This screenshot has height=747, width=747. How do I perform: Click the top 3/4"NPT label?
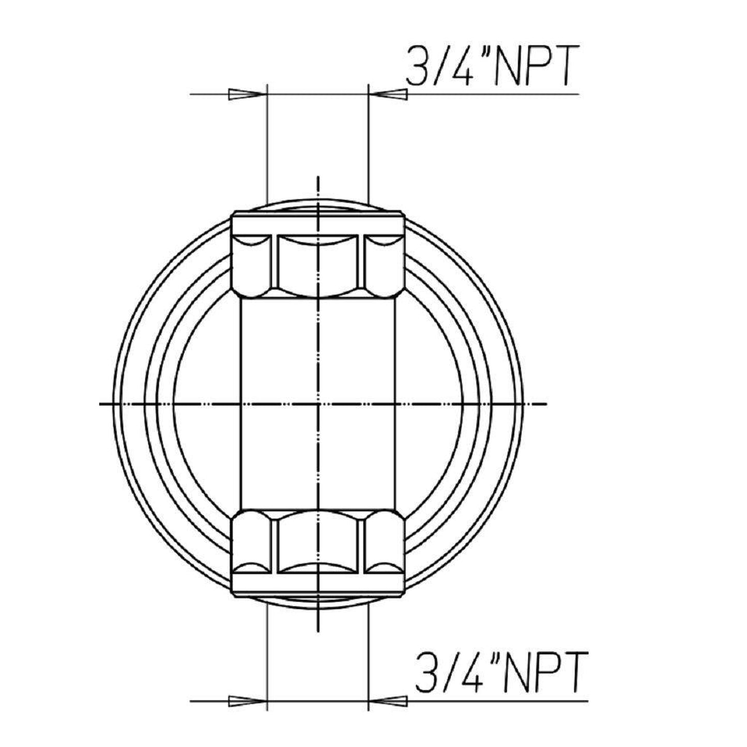[491, 67]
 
